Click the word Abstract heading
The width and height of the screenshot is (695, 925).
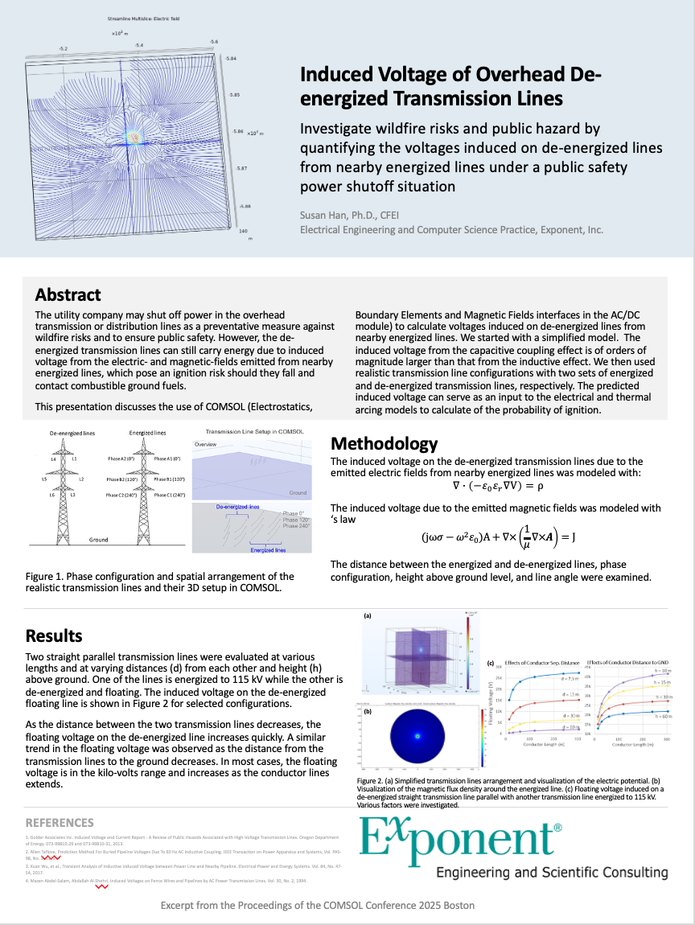[x=68, y=294]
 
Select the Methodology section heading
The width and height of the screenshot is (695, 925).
[x=385, y=444]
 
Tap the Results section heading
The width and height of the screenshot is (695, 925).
[x=54, y=636]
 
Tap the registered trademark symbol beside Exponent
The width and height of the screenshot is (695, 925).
[x=558, y=826]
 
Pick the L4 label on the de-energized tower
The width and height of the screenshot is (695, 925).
[x=54, y=458]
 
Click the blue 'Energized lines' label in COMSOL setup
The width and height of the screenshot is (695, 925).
[x=269, y=550]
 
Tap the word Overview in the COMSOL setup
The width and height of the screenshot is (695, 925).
[x=207, y=444]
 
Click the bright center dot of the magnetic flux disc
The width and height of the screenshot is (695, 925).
[x=417, y=735]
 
